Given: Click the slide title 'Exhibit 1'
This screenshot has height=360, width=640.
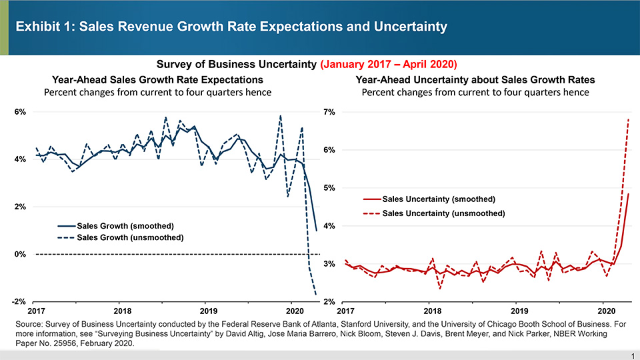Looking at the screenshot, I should [231, 27].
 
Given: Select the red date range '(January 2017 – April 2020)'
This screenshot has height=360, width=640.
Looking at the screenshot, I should [389, 65].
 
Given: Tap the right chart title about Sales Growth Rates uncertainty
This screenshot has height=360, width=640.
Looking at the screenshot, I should [475, 79].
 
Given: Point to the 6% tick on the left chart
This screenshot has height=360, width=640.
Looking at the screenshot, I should [20, 111].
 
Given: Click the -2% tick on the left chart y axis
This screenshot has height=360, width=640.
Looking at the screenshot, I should [19, 302].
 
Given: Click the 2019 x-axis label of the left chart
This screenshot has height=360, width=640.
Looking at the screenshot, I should [208, 311].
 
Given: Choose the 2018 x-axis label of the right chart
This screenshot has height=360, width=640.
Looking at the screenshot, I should [432, 311].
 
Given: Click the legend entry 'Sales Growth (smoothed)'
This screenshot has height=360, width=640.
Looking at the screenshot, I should [125, 225].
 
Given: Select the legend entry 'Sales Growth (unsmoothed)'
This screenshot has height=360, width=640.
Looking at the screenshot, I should [130, 237].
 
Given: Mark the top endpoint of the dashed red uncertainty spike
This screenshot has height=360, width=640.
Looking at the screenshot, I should [629, 119].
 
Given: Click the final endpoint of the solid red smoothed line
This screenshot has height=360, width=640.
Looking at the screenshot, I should [629, 194].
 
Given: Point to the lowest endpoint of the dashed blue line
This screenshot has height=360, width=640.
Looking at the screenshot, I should [315, 294].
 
